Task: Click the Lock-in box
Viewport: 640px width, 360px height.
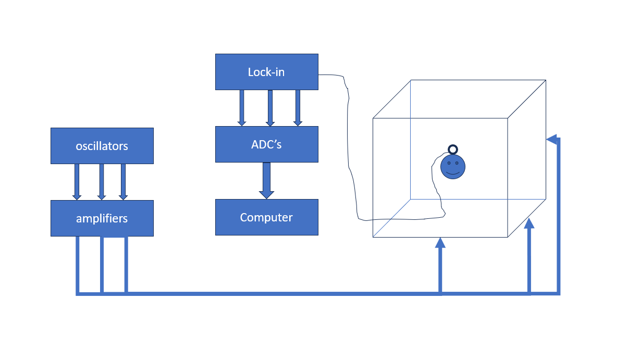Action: pos(266,72)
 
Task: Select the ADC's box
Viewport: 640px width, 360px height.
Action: pos(266,144)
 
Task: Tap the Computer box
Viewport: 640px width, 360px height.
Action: pos(266,217)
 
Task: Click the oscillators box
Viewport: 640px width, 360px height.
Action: pos(102,146)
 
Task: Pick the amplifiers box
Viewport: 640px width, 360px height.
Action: pos(102,218)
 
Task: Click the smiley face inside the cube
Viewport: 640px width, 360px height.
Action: pos(452,167)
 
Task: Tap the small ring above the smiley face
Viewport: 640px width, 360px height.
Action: pos(453,150)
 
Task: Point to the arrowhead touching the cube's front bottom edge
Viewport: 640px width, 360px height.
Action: pos(440,242)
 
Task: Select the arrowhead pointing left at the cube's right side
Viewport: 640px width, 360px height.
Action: pos(552,140)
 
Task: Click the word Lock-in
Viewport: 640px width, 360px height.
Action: pos(266,72)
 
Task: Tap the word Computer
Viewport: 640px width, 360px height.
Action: pos(266,217)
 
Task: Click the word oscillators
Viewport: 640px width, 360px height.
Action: pos(102,146)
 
